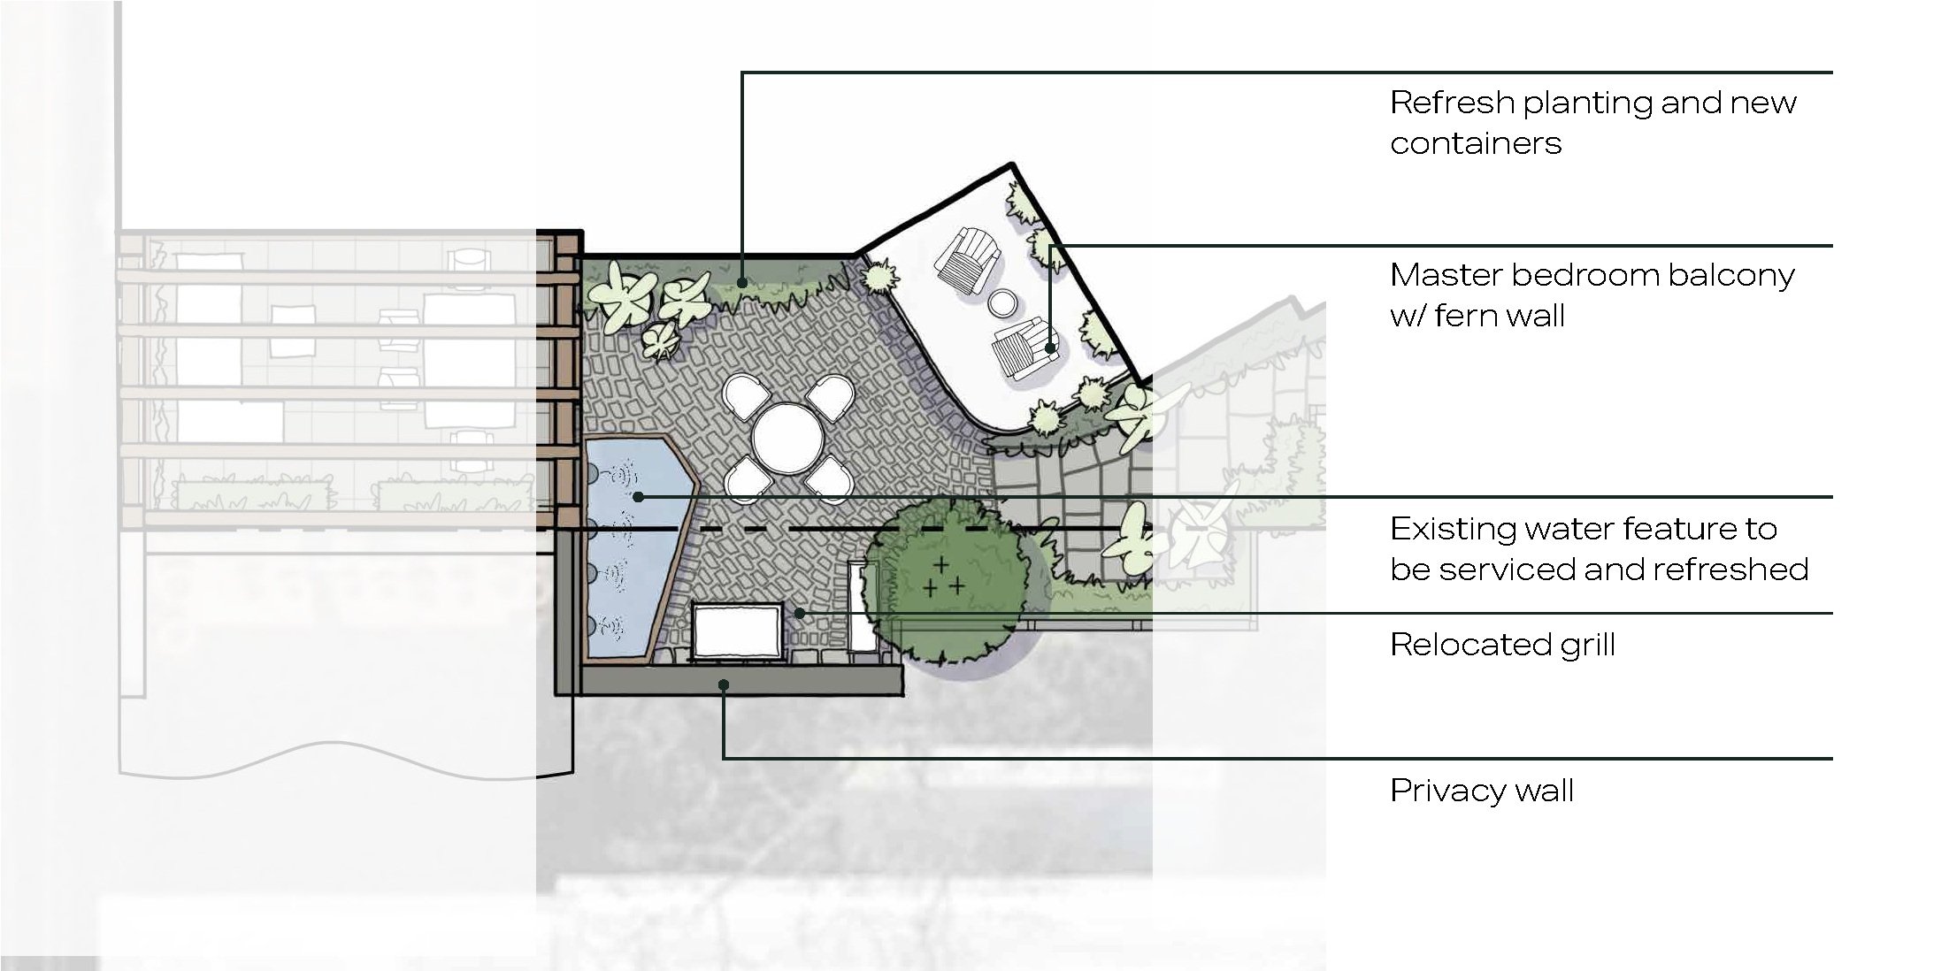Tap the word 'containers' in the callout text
pos(1476,143)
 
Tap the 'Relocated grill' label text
pos(1502,645)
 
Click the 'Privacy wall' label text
pos(1482,790)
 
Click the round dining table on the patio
pos(787,436)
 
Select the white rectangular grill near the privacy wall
pos(737,631)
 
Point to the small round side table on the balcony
pos(1004,303)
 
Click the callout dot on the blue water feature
pos(638,498)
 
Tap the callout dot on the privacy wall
pos(724,684)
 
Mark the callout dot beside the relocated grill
pos(799,613)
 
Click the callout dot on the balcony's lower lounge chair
pos(1050,348)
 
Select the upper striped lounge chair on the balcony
pos(967,259)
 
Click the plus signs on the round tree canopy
pos(943,577)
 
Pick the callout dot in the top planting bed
pos(742,283)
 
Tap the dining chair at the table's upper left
pos(743,394)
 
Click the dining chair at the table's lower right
pos(829,478)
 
